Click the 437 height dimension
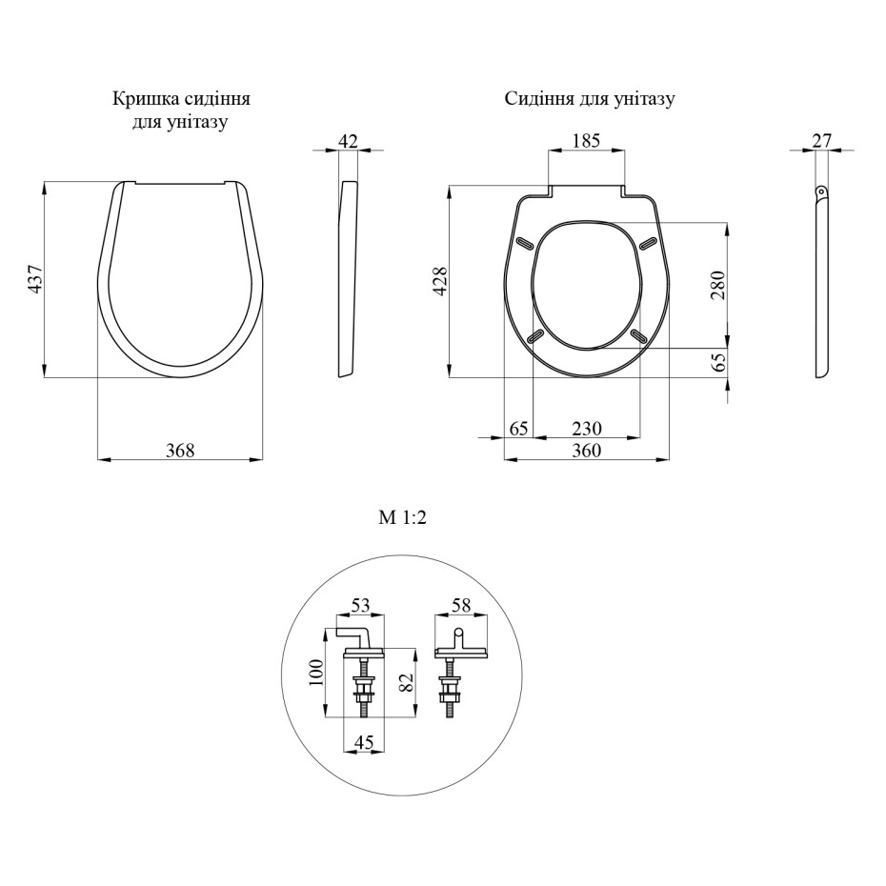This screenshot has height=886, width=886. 35,278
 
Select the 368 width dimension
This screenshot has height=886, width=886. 180,451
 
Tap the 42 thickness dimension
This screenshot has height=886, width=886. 348,141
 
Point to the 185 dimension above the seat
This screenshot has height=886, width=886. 586,141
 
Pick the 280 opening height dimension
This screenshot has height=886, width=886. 717,286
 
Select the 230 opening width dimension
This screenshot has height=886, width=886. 587,429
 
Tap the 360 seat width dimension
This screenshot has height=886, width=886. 587,451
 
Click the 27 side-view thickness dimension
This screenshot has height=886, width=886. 822,141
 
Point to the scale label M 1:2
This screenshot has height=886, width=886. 402,517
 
